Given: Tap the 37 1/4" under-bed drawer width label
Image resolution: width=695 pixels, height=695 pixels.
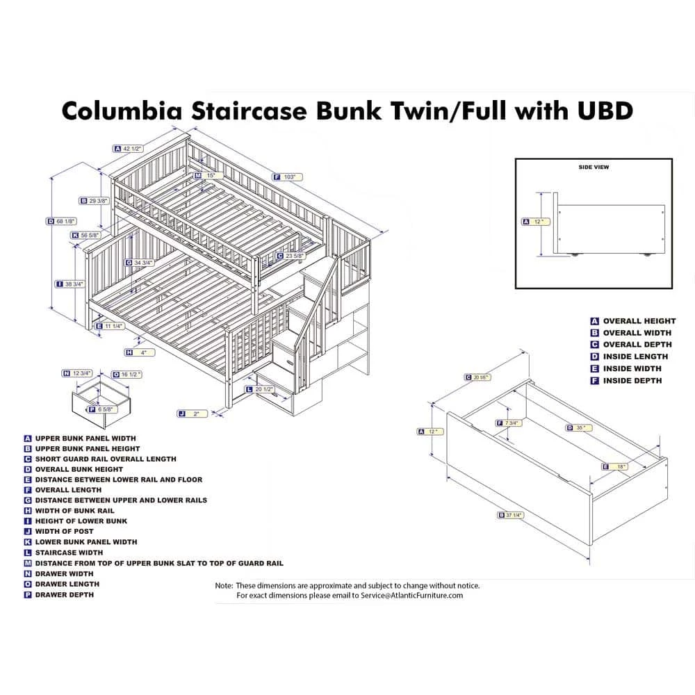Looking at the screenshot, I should pos(514,515).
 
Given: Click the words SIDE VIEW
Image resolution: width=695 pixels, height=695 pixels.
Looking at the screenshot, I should pos(594,167).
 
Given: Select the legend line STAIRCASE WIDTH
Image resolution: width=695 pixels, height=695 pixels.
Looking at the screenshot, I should pos(68,553).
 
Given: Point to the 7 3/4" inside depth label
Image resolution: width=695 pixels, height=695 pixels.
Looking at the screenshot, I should pos(510,423).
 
